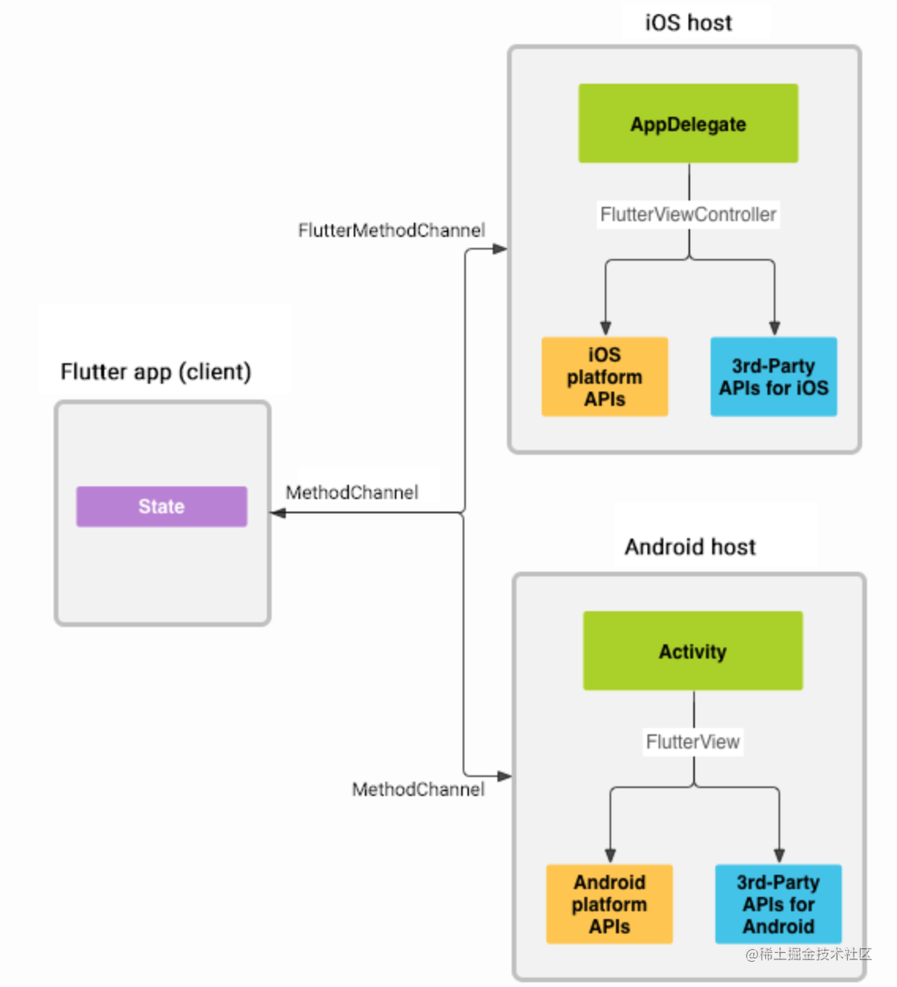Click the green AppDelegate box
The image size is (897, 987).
[688, 124]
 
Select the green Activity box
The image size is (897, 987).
[692, 651]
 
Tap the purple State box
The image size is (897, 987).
[161, 506]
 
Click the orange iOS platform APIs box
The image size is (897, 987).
[604, 377]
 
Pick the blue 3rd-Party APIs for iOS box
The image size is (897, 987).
[773, 377]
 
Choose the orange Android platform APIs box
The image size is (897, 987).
[609, 904]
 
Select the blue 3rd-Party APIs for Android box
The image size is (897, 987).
[778, 904]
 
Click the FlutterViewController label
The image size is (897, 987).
[688, 214]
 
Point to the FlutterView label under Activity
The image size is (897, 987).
[692, 741]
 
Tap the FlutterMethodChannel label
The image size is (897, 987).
[391, 231]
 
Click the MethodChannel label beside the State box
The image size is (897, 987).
[351, 493]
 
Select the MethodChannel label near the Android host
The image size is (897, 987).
[418, 790]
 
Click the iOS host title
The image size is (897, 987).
[688, 23]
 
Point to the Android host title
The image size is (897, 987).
[689, 547]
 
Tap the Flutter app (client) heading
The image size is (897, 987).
[156, 371]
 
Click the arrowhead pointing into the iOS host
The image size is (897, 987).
[500, 249]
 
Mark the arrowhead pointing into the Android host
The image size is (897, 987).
[505, 776]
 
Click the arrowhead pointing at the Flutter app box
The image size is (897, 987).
[278, 513]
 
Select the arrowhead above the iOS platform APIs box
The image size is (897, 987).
[606, 328]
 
